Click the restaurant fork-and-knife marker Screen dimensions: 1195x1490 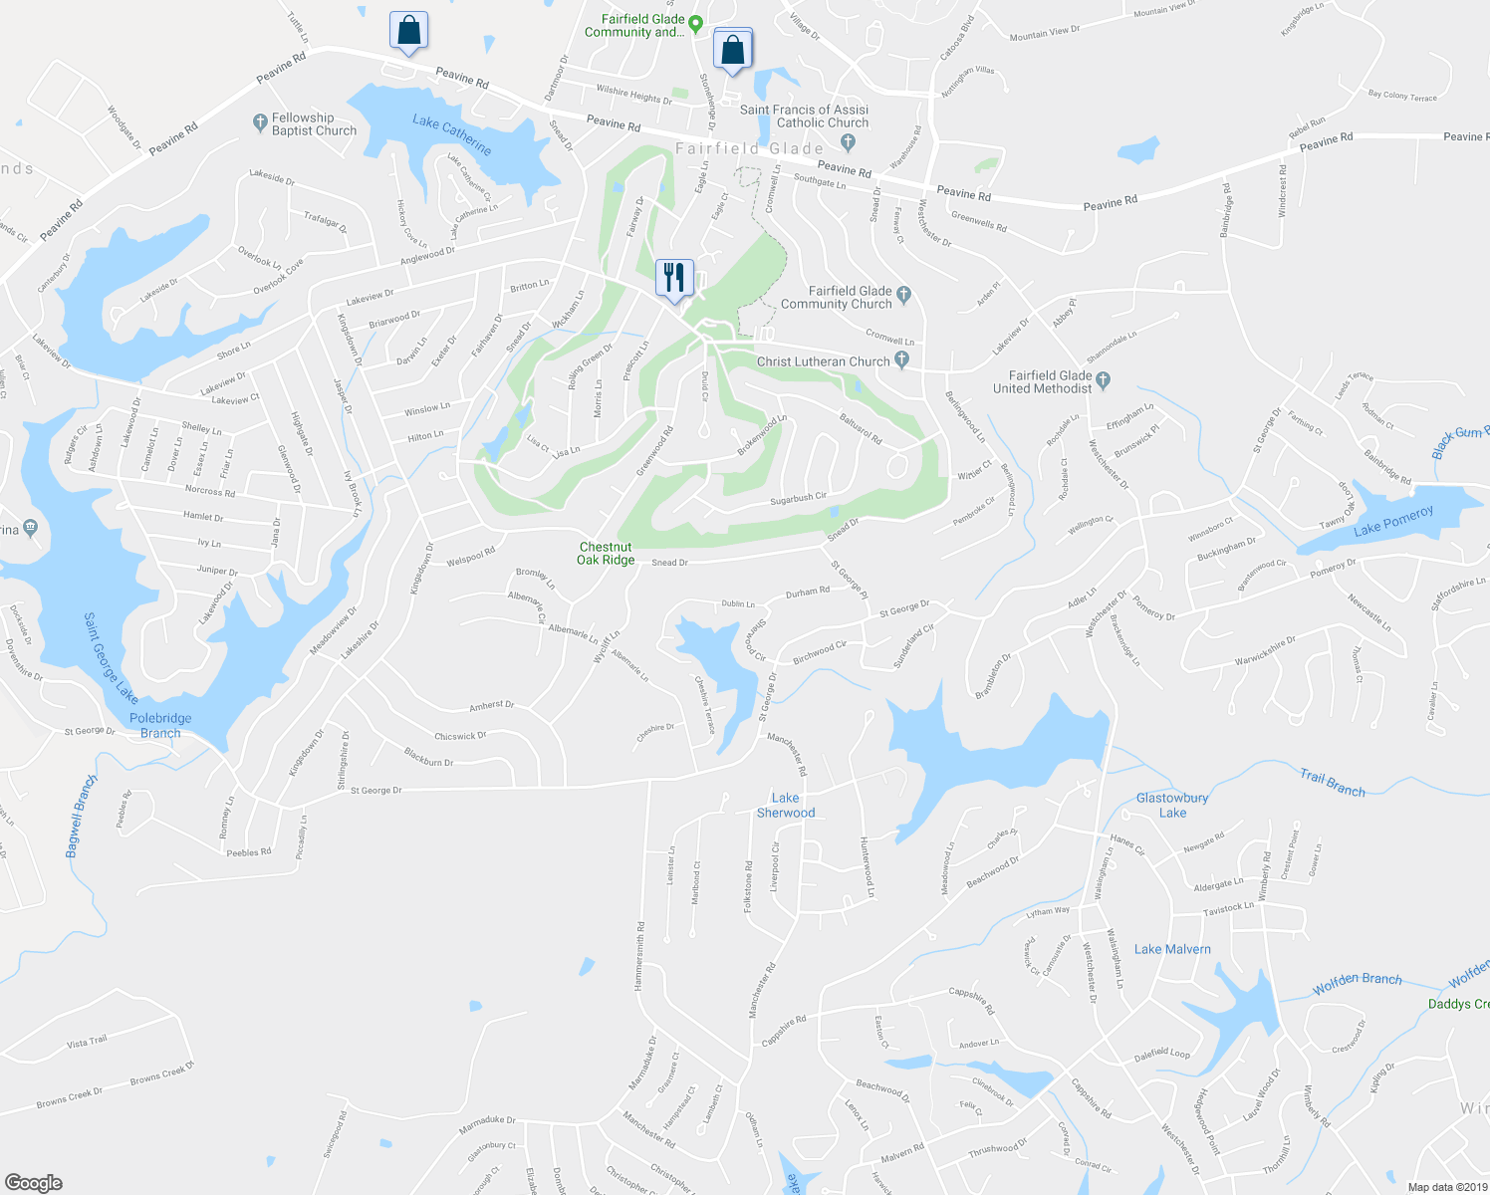click(x=674, y=278)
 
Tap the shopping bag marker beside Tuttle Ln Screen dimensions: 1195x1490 click(x=408, y=31)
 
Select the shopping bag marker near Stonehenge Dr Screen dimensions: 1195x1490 click(x=732, y=49)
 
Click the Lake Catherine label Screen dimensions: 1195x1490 click(x=452, y=134)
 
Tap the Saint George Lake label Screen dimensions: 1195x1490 click(x=111, y=657)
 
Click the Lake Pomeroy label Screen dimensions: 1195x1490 click(x=1393, y=521)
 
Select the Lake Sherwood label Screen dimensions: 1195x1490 click(x=786, y=805)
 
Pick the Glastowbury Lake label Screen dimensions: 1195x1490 click(x=1172, y=805)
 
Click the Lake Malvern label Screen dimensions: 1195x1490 click(x=1173, y=949)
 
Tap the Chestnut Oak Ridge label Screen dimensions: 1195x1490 click(x=606, y=554)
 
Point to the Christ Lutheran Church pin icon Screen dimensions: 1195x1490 click(x=901, y=359)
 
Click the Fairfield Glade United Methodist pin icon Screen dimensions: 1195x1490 click(x=1103, y=378)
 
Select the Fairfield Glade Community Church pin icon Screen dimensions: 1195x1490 click(x=903, y=294)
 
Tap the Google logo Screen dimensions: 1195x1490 click(x=34, y=1182)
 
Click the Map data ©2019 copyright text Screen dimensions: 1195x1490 click(x=1447, y=1187)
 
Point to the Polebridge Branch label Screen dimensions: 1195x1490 click(x=160, y=725)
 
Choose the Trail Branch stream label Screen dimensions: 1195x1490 click(x=1332, y=783)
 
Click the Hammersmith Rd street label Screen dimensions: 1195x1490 click(x=639, y=955)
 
